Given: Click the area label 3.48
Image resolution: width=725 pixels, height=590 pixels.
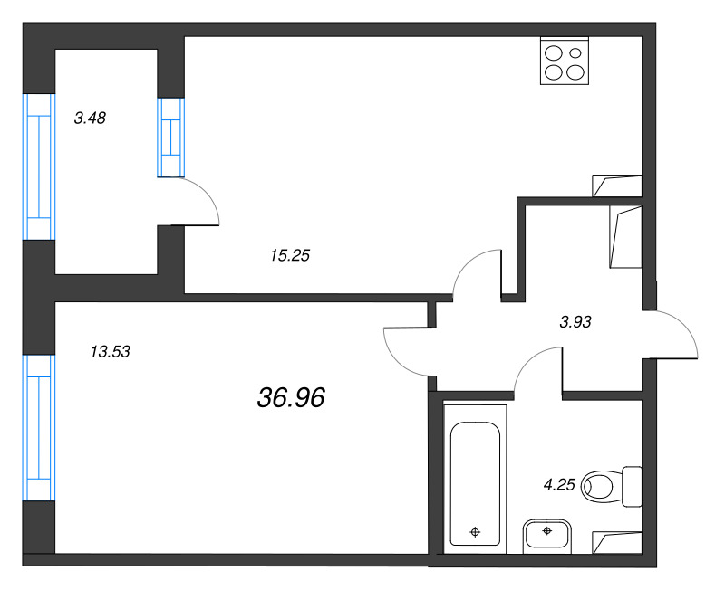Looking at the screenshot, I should point(91,117).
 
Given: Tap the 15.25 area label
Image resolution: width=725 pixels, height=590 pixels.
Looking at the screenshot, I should point(290,256).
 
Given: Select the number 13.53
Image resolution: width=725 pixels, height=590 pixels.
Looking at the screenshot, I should point(111,352).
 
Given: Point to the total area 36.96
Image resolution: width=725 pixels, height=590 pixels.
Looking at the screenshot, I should point(291,396).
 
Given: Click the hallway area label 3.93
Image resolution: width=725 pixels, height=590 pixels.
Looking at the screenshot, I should point(575,320).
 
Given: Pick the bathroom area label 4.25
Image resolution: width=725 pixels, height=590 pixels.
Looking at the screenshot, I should point(560,484).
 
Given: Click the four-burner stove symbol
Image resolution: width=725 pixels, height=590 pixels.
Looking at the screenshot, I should point(564,61).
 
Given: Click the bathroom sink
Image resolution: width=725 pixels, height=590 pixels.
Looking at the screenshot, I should point(546,536).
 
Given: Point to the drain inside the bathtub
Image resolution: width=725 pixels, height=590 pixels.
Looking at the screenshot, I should point(475,531).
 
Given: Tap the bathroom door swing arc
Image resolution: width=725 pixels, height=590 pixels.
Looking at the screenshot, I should point(536,372).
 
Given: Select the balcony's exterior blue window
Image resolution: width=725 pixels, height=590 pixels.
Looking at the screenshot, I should point(39,167).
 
